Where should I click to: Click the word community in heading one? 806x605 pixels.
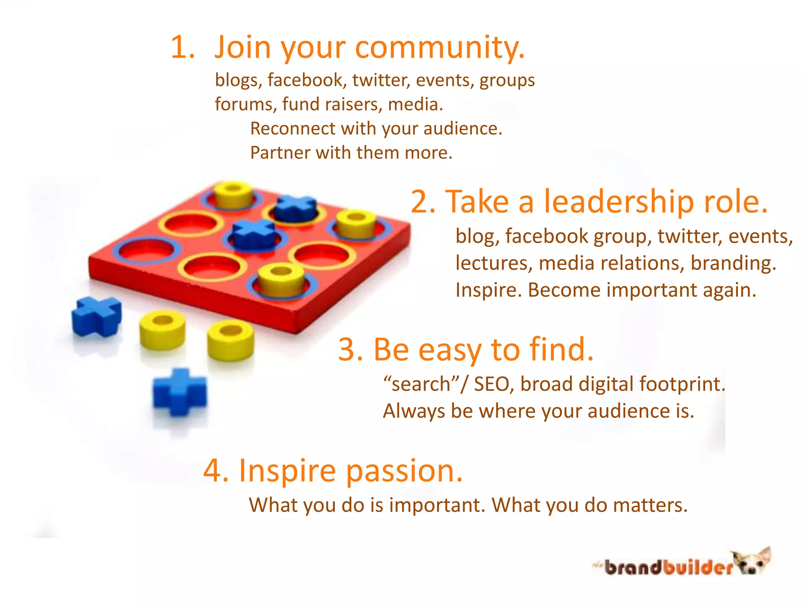pyautogui.click(x=440, y=48)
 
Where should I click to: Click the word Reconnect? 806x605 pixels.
pyautogui.click(x=292, y=128)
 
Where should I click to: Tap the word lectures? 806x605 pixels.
pyautogui.click(x=493, y=263)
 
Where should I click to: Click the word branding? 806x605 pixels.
pyautogui.click(x=733, y=263)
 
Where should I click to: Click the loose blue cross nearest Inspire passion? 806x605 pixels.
pyautogui.click(x=179, y=392)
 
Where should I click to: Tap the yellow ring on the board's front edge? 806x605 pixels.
pyautogui.click(x=281, y=279)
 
